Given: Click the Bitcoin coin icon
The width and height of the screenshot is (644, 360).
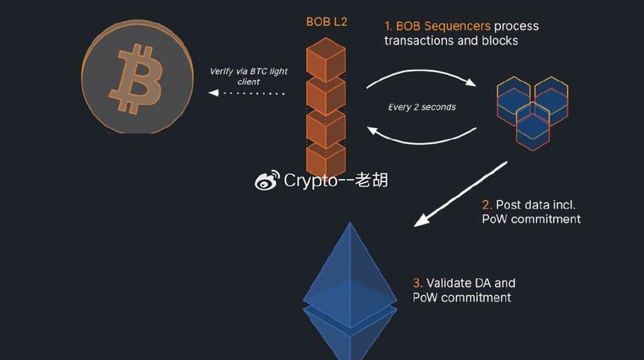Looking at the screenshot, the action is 137,77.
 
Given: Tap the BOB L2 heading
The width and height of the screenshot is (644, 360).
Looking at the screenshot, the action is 326,22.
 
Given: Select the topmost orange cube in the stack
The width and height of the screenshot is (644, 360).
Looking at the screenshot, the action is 326,60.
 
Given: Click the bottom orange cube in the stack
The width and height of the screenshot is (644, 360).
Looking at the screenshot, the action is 326,159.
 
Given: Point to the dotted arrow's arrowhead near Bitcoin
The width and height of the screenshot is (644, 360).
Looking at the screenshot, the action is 213,93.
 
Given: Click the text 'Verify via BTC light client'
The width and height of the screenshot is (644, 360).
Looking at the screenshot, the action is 249,76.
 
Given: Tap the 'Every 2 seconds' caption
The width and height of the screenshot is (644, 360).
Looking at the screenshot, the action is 422,107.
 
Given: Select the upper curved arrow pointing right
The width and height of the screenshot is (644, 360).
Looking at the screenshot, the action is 421,71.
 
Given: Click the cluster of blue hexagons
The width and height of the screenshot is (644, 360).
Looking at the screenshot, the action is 532,113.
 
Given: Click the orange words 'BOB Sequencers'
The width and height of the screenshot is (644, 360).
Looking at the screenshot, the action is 443,26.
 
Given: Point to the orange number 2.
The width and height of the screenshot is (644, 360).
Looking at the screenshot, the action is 486,204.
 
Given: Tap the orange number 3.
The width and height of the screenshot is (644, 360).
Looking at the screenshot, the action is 417,283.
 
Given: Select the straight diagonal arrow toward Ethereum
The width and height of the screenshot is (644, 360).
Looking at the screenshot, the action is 460,194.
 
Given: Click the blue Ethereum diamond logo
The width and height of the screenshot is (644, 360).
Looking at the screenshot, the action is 350,291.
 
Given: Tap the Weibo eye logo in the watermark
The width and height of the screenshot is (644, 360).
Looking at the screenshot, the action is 267,181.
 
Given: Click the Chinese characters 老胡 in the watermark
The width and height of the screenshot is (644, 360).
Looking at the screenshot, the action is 371,180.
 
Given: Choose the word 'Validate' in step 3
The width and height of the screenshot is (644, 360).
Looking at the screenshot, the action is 450,283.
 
